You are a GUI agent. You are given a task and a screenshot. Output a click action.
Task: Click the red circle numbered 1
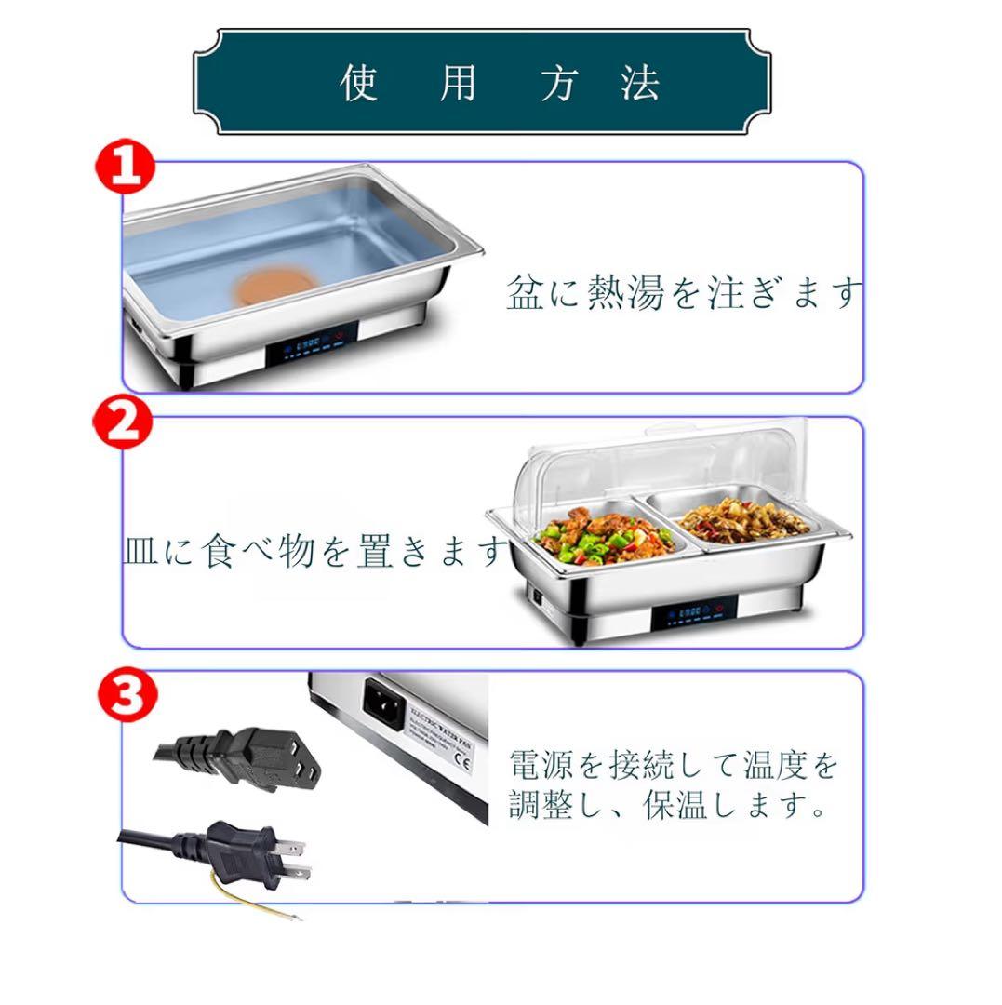(126, 166)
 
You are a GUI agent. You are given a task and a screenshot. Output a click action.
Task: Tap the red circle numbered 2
(123, 422)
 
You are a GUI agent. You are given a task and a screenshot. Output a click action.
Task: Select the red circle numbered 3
(127, 695)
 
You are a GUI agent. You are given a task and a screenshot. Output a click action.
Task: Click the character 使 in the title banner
(358, 83)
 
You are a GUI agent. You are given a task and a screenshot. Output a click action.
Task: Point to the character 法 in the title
(640, 83)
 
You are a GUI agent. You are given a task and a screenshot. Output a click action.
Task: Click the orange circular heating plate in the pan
(276, 287)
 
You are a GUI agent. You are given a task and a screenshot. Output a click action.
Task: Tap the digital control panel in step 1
(312, 344)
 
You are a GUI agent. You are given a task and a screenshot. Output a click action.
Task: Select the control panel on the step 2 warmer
(694, 612)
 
